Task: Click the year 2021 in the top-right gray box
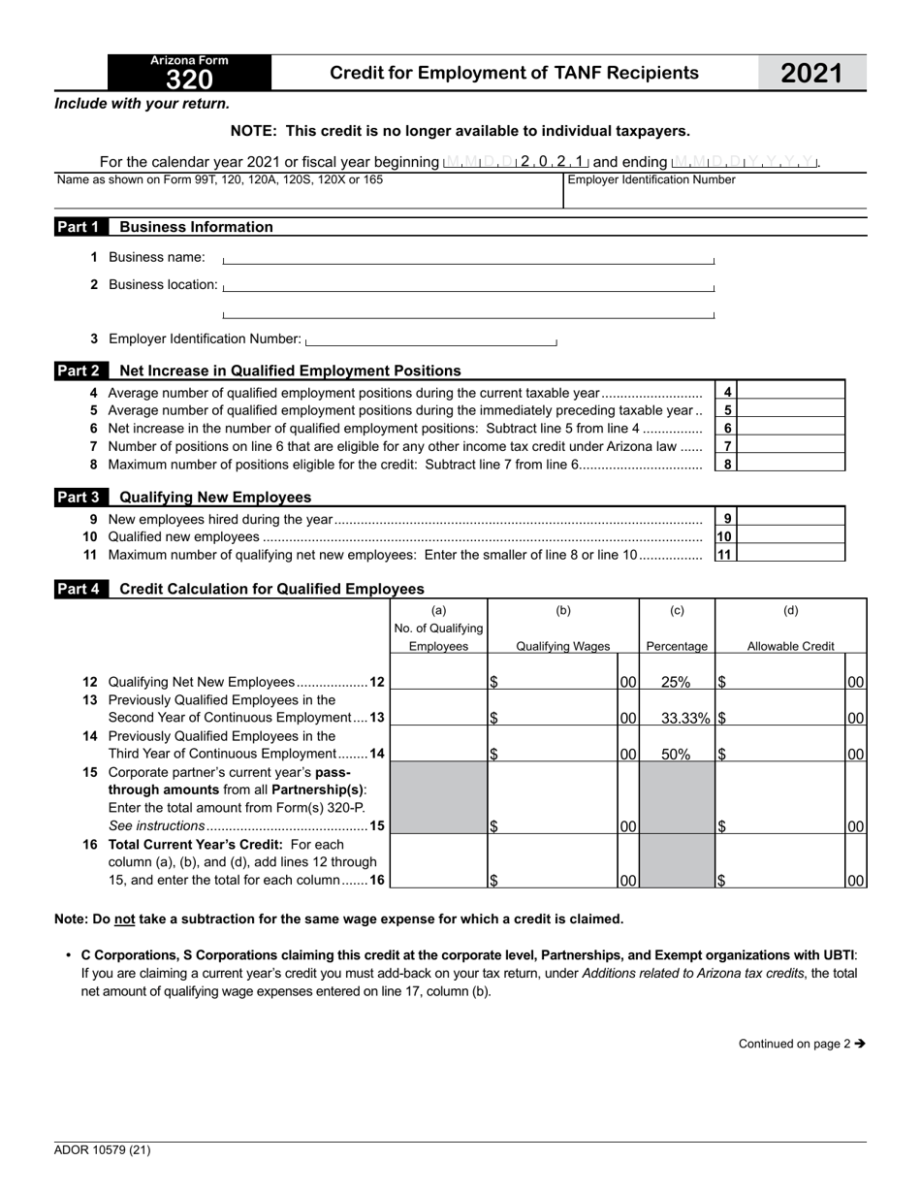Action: click(811, 74)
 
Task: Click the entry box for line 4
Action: click(792, 392)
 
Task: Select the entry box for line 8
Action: click(792, 464)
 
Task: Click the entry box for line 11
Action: click(792, 554)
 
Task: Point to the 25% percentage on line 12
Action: click(676, 682)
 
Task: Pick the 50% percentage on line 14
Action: click(676, 754)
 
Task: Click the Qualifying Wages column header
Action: click(562, 646)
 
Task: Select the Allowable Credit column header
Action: click(790, 646)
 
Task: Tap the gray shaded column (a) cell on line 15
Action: click(438, 797)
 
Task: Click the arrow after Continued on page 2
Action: click(860, 1044)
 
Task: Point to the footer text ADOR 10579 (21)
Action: click(103, 1150)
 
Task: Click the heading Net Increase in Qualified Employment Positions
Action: click(290, 371)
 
